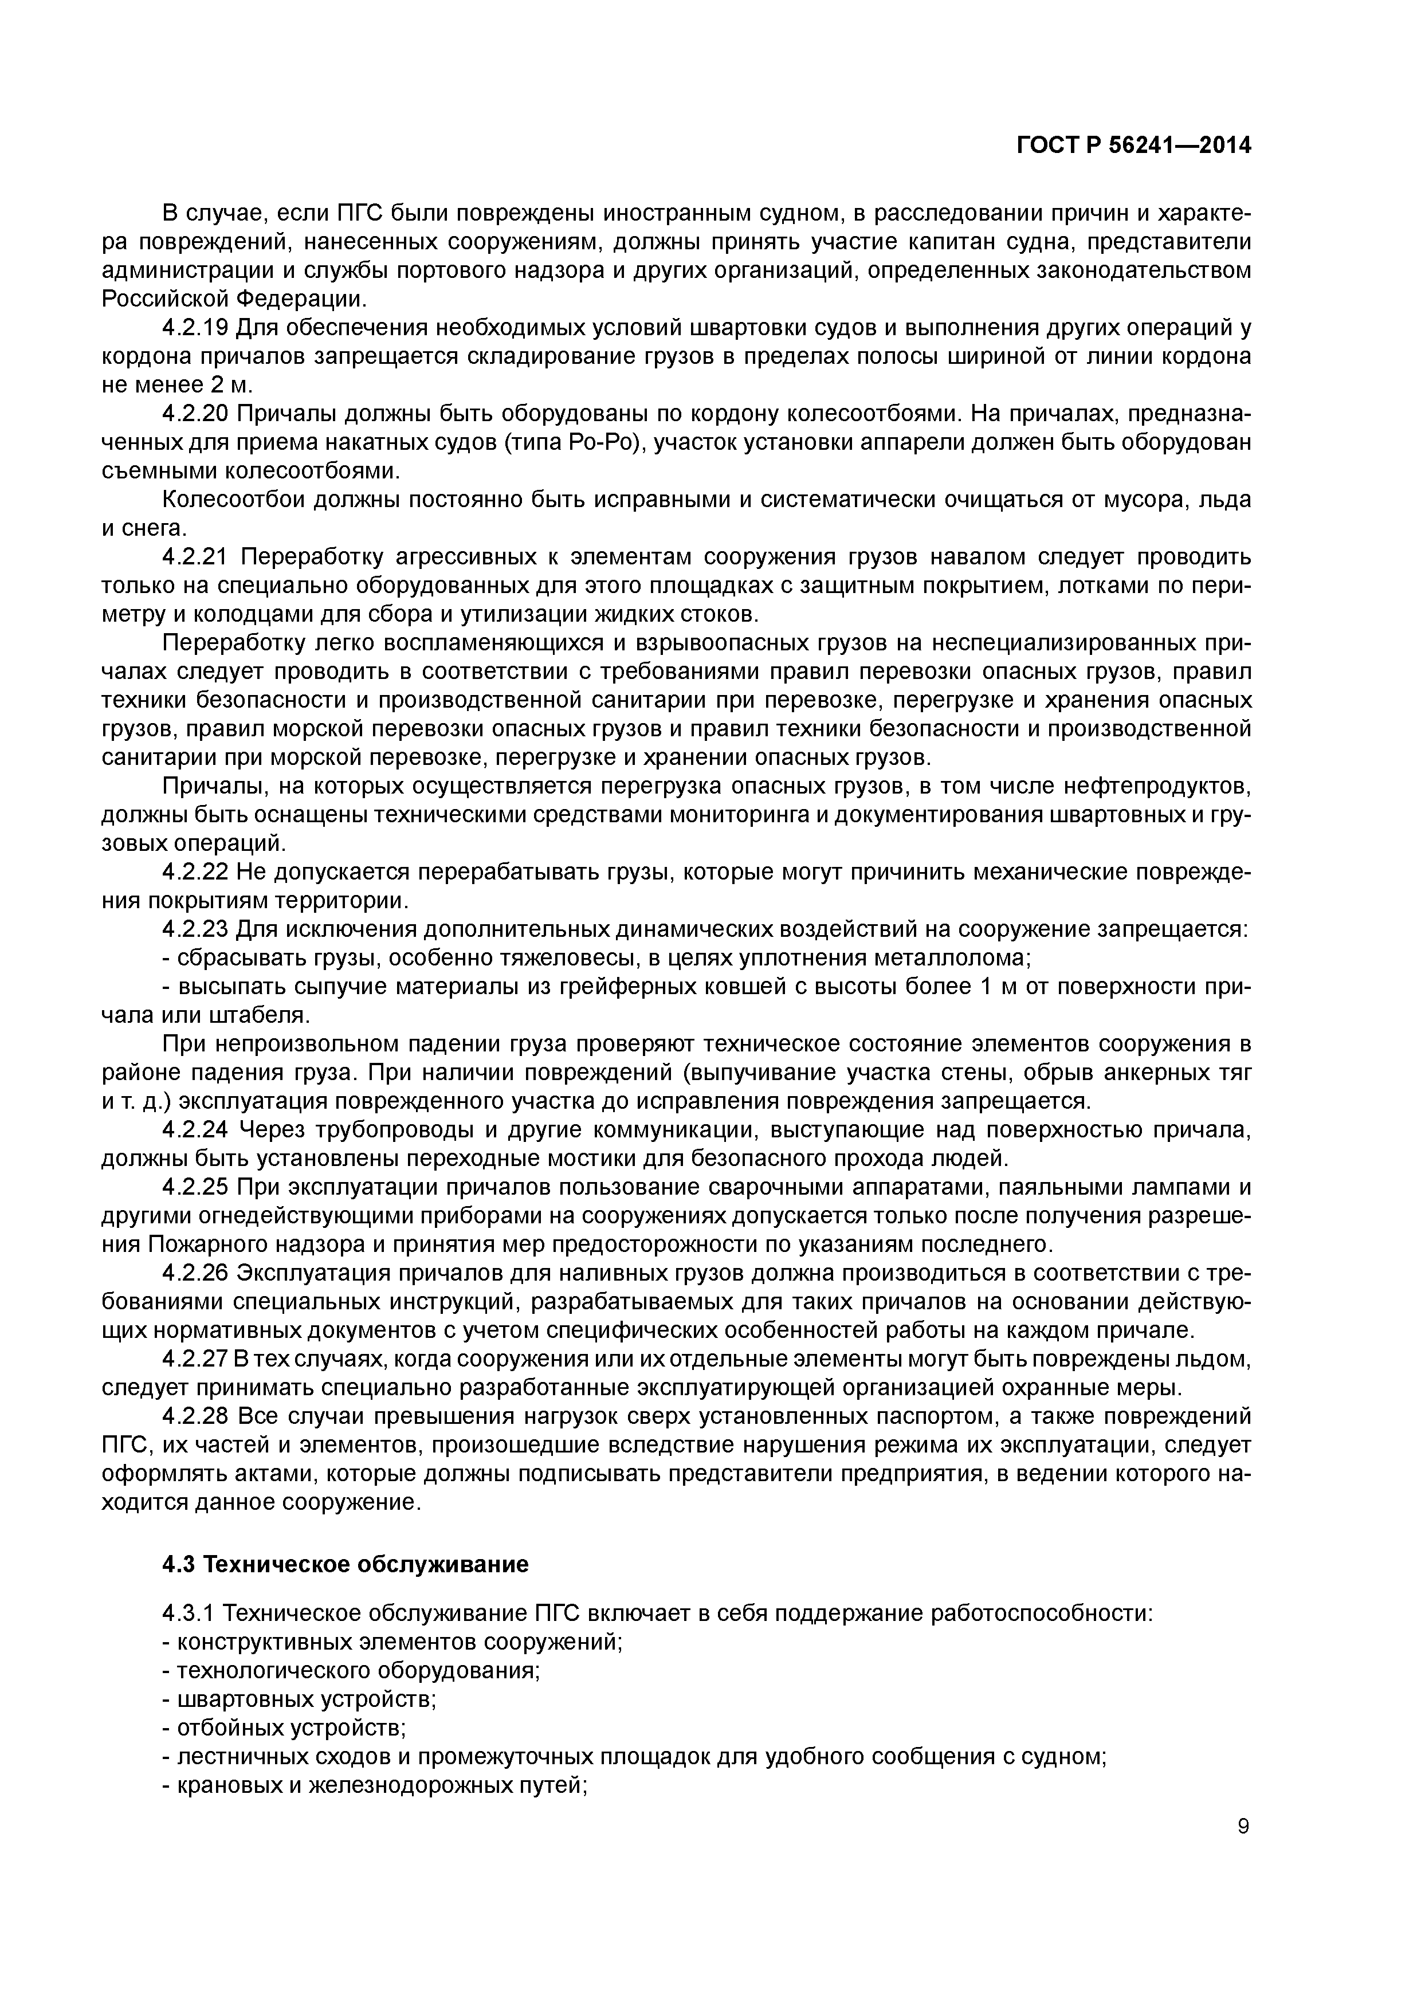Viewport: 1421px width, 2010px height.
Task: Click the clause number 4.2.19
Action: click(x=194, y=328)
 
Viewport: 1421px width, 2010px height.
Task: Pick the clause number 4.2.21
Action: click(x=194, y=558)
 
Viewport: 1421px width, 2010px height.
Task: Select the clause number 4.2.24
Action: click(x=194, y=1131)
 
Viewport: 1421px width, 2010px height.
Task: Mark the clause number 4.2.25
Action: click(x=194, y=1188)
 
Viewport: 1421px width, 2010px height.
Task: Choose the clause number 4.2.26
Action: click(x=194, y=1274)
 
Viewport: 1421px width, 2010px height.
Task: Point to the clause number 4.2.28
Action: click(x=194, y=1416)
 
